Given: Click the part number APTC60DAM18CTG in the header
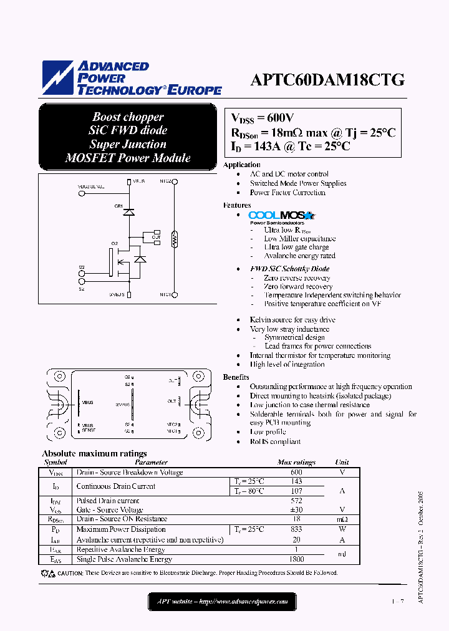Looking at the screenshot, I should (x=327, y=80).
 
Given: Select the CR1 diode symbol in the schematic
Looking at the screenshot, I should (x=128, y=211).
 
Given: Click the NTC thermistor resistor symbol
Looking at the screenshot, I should (x=175, y=238).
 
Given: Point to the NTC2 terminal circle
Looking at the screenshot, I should (x=175, y=182).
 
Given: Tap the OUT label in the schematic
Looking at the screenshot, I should (x=155, y=237).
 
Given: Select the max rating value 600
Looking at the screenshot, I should (x=296, y=473).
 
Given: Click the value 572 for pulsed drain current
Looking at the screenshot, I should (x=296, y=501).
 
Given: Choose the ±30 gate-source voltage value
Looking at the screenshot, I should (x=296, y=510).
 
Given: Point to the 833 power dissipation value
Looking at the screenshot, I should (x=296, y=529).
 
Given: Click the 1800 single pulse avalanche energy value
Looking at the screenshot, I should (x=296, y=559).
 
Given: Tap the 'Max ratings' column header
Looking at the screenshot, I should (x=296, y=463).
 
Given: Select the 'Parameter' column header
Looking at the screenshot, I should (x=151, y=463).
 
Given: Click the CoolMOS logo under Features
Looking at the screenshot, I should (x=282, y=216).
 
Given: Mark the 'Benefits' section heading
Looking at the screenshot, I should (x=236, y=377).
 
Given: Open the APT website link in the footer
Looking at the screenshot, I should (x=221, y=602).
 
